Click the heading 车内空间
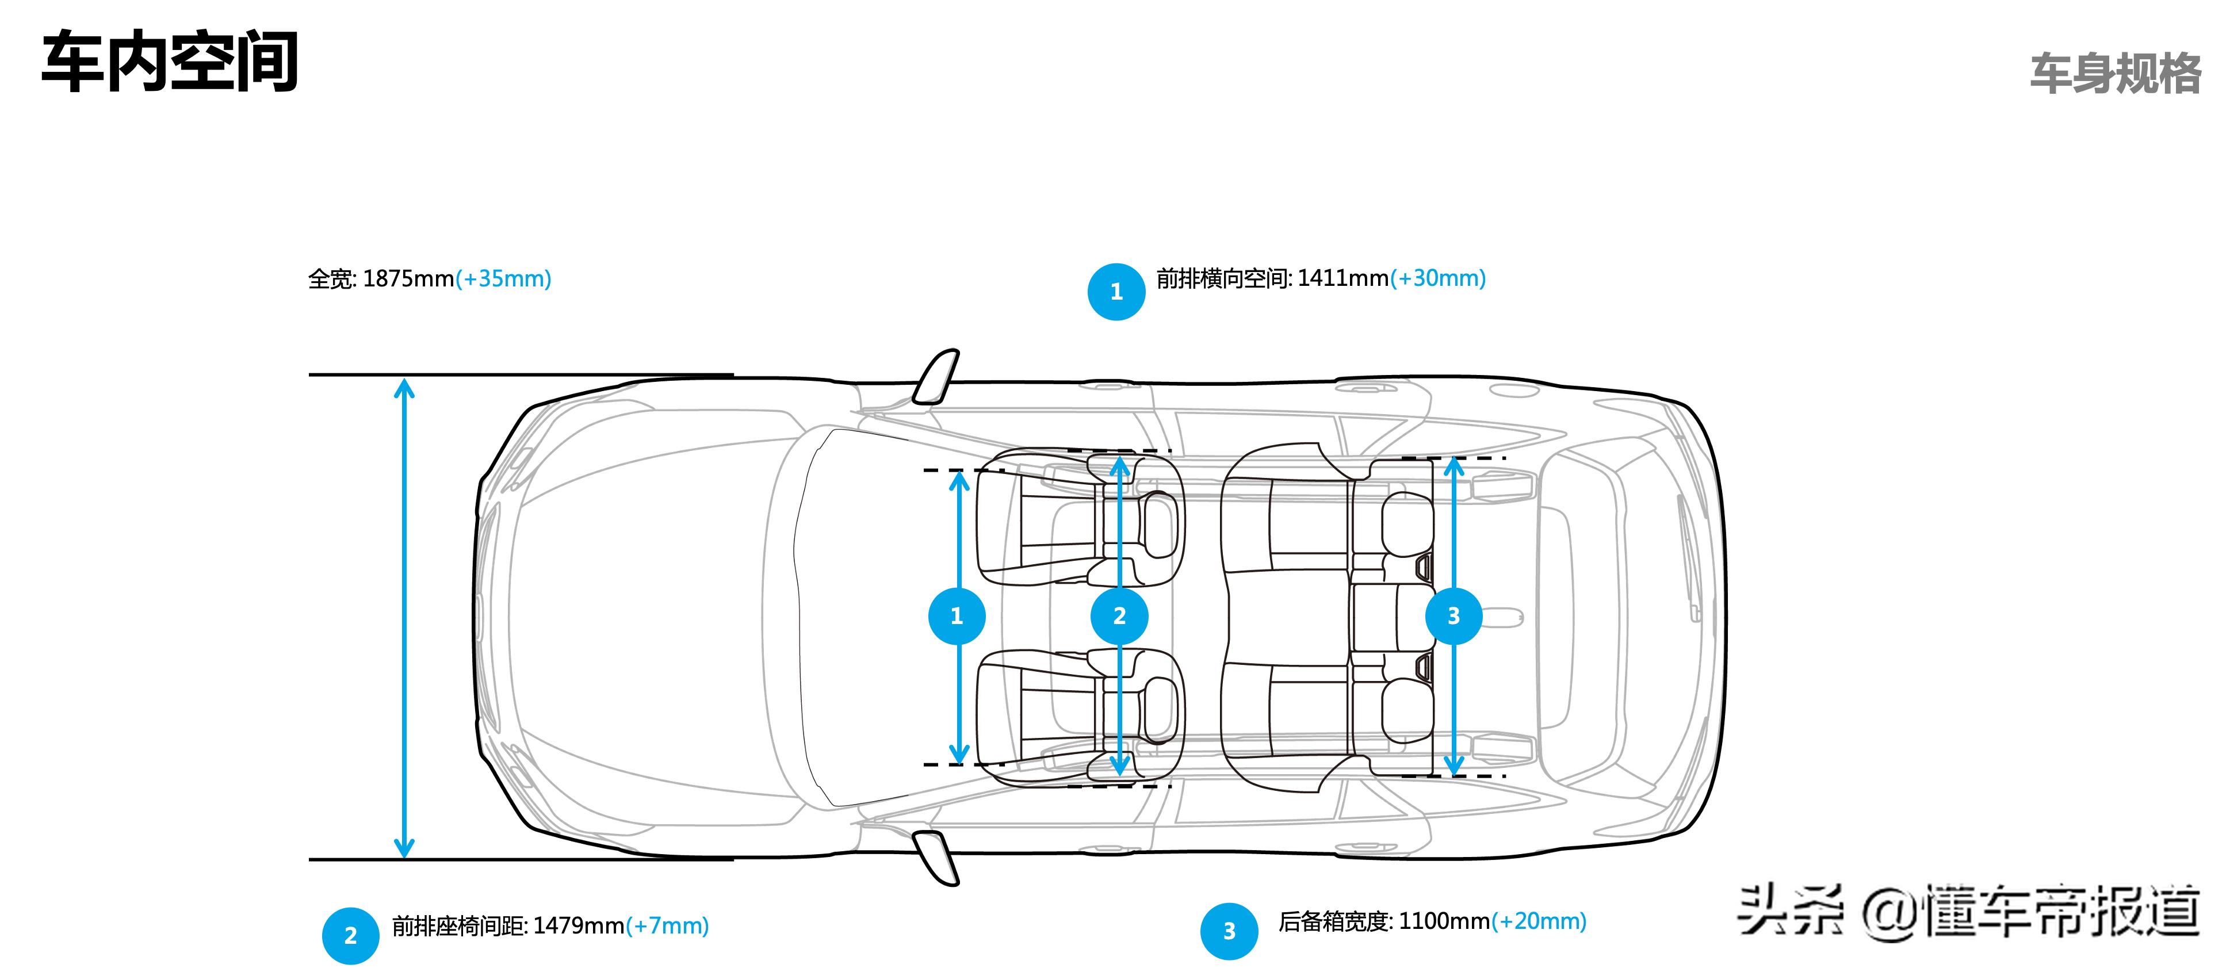(x=170, y=62)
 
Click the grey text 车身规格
(x=2115, y=74)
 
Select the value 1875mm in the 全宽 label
(x=408, y=279)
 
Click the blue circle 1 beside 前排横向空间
(x=1116, y=292)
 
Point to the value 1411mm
(x=1342, y=278)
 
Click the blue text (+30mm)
(x=1438, y=278)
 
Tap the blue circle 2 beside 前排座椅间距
(x=351, y=935)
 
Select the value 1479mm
(x=578, y=925)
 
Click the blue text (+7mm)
(x=667, y=925)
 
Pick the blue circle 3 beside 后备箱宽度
(x=1229, y=931)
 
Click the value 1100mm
(x=1444, y=921)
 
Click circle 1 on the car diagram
(x=957, y=615)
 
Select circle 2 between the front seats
(x=1119, y=615)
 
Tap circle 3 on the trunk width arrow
(x=1453, y=615)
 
